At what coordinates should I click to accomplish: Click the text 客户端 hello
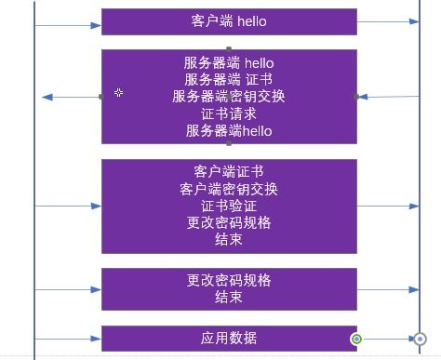228,20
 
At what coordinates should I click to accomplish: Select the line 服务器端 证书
228,80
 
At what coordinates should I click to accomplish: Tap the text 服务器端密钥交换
228,97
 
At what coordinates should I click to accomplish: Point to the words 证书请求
228,113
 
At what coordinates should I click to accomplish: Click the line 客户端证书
228,172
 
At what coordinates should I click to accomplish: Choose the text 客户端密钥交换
228,189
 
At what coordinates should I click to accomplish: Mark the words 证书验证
228,206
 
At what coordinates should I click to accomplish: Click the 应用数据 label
228,338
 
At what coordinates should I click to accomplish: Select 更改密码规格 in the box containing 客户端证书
228,222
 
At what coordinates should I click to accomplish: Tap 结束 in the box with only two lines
228,298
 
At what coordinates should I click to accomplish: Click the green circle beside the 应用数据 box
356,339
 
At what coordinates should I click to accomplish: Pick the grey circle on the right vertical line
420,339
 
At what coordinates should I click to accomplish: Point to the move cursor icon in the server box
119,92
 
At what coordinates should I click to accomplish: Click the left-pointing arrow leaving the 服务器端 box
71,97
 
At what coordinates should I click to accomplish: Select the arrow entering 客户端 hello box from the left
68,21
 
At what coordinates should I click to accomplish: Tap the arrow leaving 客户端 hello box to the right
387,21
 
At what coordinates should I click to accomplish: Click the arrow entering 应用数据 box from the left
68,338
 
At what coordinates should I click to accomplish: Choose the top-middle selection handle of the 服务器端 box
229,49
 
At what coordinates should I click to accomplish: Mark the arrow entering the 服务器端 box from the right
387,96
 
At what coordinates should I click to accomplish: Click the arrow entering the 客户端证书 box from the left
68,206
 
